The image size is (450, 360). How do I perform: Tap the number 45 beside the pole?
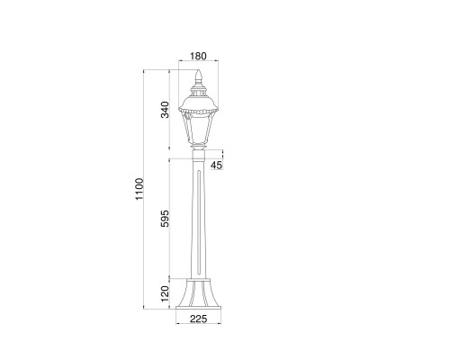(216, 166)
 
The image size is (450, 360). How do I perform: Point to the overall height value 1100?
(138, 190)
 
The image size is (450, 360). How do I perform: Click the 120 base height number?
(165, 293)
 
